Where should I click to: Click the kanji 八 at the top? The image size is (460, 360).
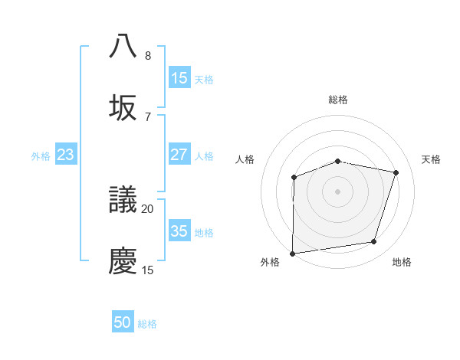click(123, 46)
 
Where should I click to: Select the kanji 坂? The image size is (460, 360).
click(123, 107)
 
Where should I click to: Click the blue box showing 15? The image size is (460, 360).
click(179, 78)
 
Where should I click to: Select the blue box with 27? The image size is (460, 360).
click(179, 155)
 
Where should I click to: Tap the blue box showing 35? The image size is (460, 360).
click(179, 231)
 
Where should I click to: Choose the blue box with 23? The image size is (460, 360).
click(66, 155)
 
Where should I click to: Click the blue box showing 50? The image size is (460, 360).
click(123, 323)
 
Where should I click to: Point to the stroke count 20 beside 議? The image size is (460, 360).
click(148, 208)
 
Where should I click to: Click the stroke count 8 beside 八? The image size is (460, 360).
click(148, 55)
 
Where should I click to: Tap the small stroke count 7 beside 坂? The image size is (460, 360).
click(148, 116)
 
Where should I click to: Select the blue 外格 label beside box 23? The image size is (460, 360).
click(41, 156)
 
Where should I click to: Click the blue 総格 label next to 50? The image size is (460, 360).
click(147, 324)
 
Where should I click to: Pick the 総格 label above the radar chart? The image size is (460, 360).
click(338, 100)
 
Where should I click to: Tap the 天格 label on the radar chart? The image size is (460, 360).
click(431, 159)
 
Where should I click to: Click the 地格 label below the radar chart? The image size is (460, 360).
click(402, 263)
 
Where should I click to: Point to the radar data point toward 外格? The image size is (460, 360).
click(293, 254)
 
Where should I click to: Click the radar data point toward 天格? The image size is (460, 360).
click(396, 172)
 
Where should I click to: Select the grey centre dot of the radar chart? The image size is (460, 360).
click(338, 191)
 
